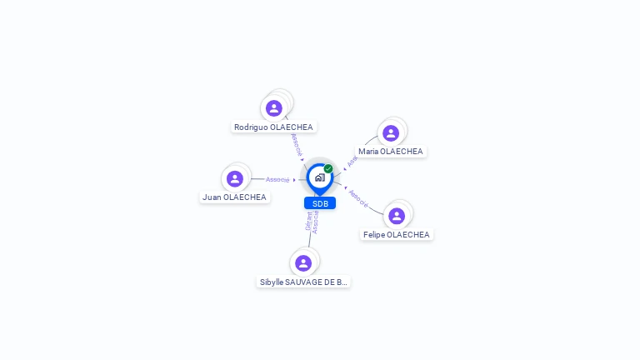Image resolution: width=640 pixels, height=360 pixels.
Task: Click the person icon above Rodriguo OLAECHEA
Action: click(274, 108)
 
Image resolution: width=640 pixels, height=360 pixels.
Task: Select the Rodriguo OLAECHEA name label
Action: click(273, 127)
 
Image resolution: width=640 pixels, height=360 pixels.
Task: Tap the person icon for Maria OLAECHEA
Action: click(391, 133)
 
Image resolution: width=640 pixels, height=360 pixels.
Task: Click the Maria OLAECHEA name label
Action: click(391, 152)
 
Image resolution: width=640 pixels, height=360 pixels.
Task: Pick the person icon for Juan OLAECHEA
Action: click(235, 178)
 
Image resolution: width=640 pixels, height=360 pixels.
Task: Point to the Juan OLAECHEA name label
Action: click(234, 197)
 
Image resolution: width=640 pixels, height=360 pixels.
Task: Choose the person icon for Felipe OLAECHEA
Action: click(397, 216)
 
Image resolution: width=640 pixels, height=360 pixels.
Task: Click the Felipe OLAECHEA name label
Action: click(397, 235)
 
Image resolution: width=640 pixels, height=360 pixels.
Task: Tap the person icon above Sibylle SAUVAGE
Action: click(303, 263)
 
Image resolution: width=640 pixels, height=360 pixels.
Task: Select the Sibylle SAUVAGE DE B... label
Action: click(303, 282)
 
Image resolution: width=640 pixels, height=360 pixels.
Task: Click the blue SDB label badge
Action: click(320, 203)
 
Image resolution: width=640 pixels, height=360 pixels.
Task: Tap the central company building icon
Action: click(319, 177)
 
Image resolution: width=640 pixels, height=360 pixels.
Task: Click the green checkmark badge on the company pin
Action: click(328, 169)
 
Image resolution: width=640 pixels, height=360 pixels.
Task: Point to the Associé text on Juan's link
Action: click(277, 179)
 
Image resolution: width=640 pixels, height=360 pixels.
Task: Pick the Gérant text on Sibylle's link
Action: click(308, 221)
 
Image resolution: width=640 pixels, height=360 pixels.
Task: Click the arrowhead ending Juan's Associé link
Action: click(294, 179)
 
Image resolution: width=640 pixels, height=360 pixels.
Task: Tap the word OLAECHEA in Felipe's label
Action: click(408, 235)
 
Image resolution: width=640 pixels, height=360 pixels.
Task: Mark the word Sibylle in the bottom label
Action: click(272, 282)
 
